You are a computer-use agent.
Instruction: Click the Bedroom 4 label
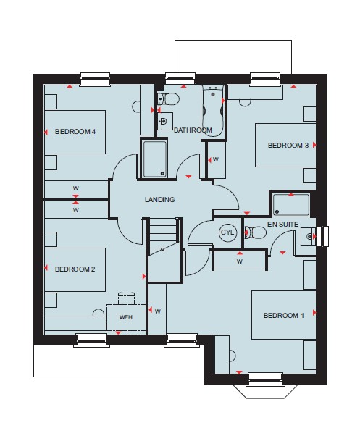pos(75,132)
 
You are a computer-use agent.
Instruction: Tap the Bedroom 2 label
pos(75,269)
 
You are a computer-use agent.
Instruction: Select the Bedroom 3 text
pos(288,146)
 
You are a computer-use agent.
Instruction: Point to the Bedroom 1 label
pos(284,316)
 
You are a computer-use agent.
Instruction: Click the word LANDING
pos(159,200)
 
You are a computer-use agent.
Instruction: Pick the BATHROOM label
pos(193,130)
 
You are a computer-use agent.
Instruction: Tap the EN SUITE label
pos(282,225)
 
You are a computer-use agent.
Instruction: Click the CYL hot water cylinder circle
pos(227,232)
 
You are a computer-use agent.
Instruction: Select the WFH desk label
pos(126,317)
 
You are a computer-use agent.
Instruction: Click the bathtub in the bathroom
pos(213,112)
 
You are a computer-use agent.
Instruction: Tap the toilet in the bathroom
pos(168,98)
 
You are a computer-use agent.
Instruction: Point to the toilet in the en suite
pos(255,232)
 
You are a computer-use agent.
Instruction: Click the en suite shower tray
pos(291,204)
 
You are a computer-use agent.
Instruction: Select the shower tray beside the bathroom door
pos(154,159)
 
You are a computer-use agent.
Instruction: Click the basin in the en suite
pos(308,236)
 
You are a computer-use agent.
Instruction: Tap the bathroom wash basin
pos(165,121)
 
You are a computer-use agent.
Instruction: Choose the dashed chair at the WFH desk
pos(126,298)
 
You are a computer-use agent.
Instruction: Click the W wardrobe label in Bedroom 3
pos(216,159)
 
